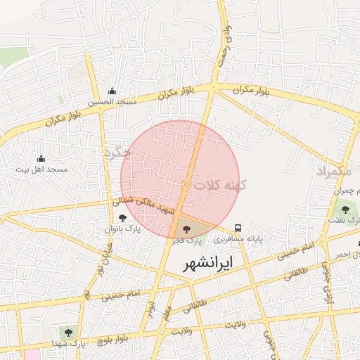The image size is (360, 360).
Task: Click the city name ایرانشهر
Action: (208, 264)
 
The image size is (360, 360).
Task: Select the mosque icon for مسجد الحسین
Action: (112, 91)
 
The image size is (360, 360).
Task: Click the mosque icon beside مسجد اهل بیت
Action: (41, 158)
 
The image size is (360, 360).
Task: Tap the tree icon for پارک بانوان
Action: (123, 218)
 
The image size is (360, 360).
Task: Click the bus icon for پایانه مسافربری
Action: (238, 228)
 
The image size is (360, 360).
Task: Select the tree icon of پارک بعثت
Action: (344, 208)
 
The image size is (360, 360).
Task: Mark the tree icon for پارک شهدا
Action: (68, 332)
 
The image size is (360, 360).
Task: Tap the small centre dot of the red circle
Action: (185, 184)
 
